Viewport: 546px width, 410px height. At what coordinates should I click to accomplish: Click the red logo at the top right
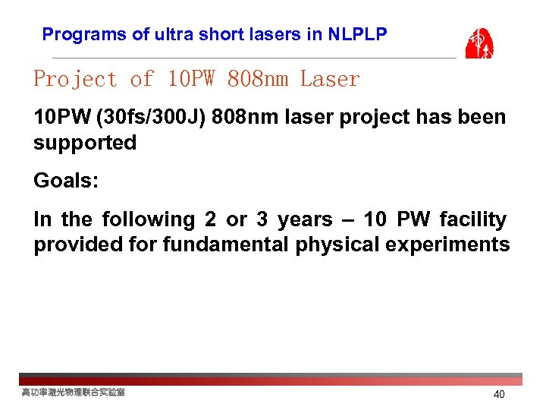(479, 43)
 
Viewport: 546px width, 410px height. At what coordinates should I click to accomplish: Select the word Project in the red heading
(75, 79)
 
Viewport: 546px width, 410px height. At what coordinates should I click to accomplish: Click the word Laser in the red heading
(330, 79)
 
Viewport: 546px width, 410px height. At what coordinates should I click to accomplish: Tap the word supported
(85, 143)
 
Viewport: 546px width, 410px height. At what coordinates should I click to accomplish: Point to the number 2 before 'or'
(210, 220)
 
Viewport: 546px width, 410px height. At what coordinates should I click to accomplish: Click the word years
(305, 220)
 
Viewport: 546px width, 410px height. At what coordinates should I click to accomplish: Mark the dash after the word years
(348, 220)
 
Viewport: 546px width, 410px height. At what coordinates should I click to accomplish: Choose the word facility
(472, 220)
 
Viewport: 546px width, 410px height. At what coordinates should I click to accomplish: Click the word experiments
(447, 245)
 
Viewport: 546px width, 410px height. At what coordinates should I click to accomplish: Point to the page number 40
(499, 395)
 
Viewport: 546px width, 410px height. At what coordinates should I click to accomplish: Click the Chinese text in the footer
(74, 393)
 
